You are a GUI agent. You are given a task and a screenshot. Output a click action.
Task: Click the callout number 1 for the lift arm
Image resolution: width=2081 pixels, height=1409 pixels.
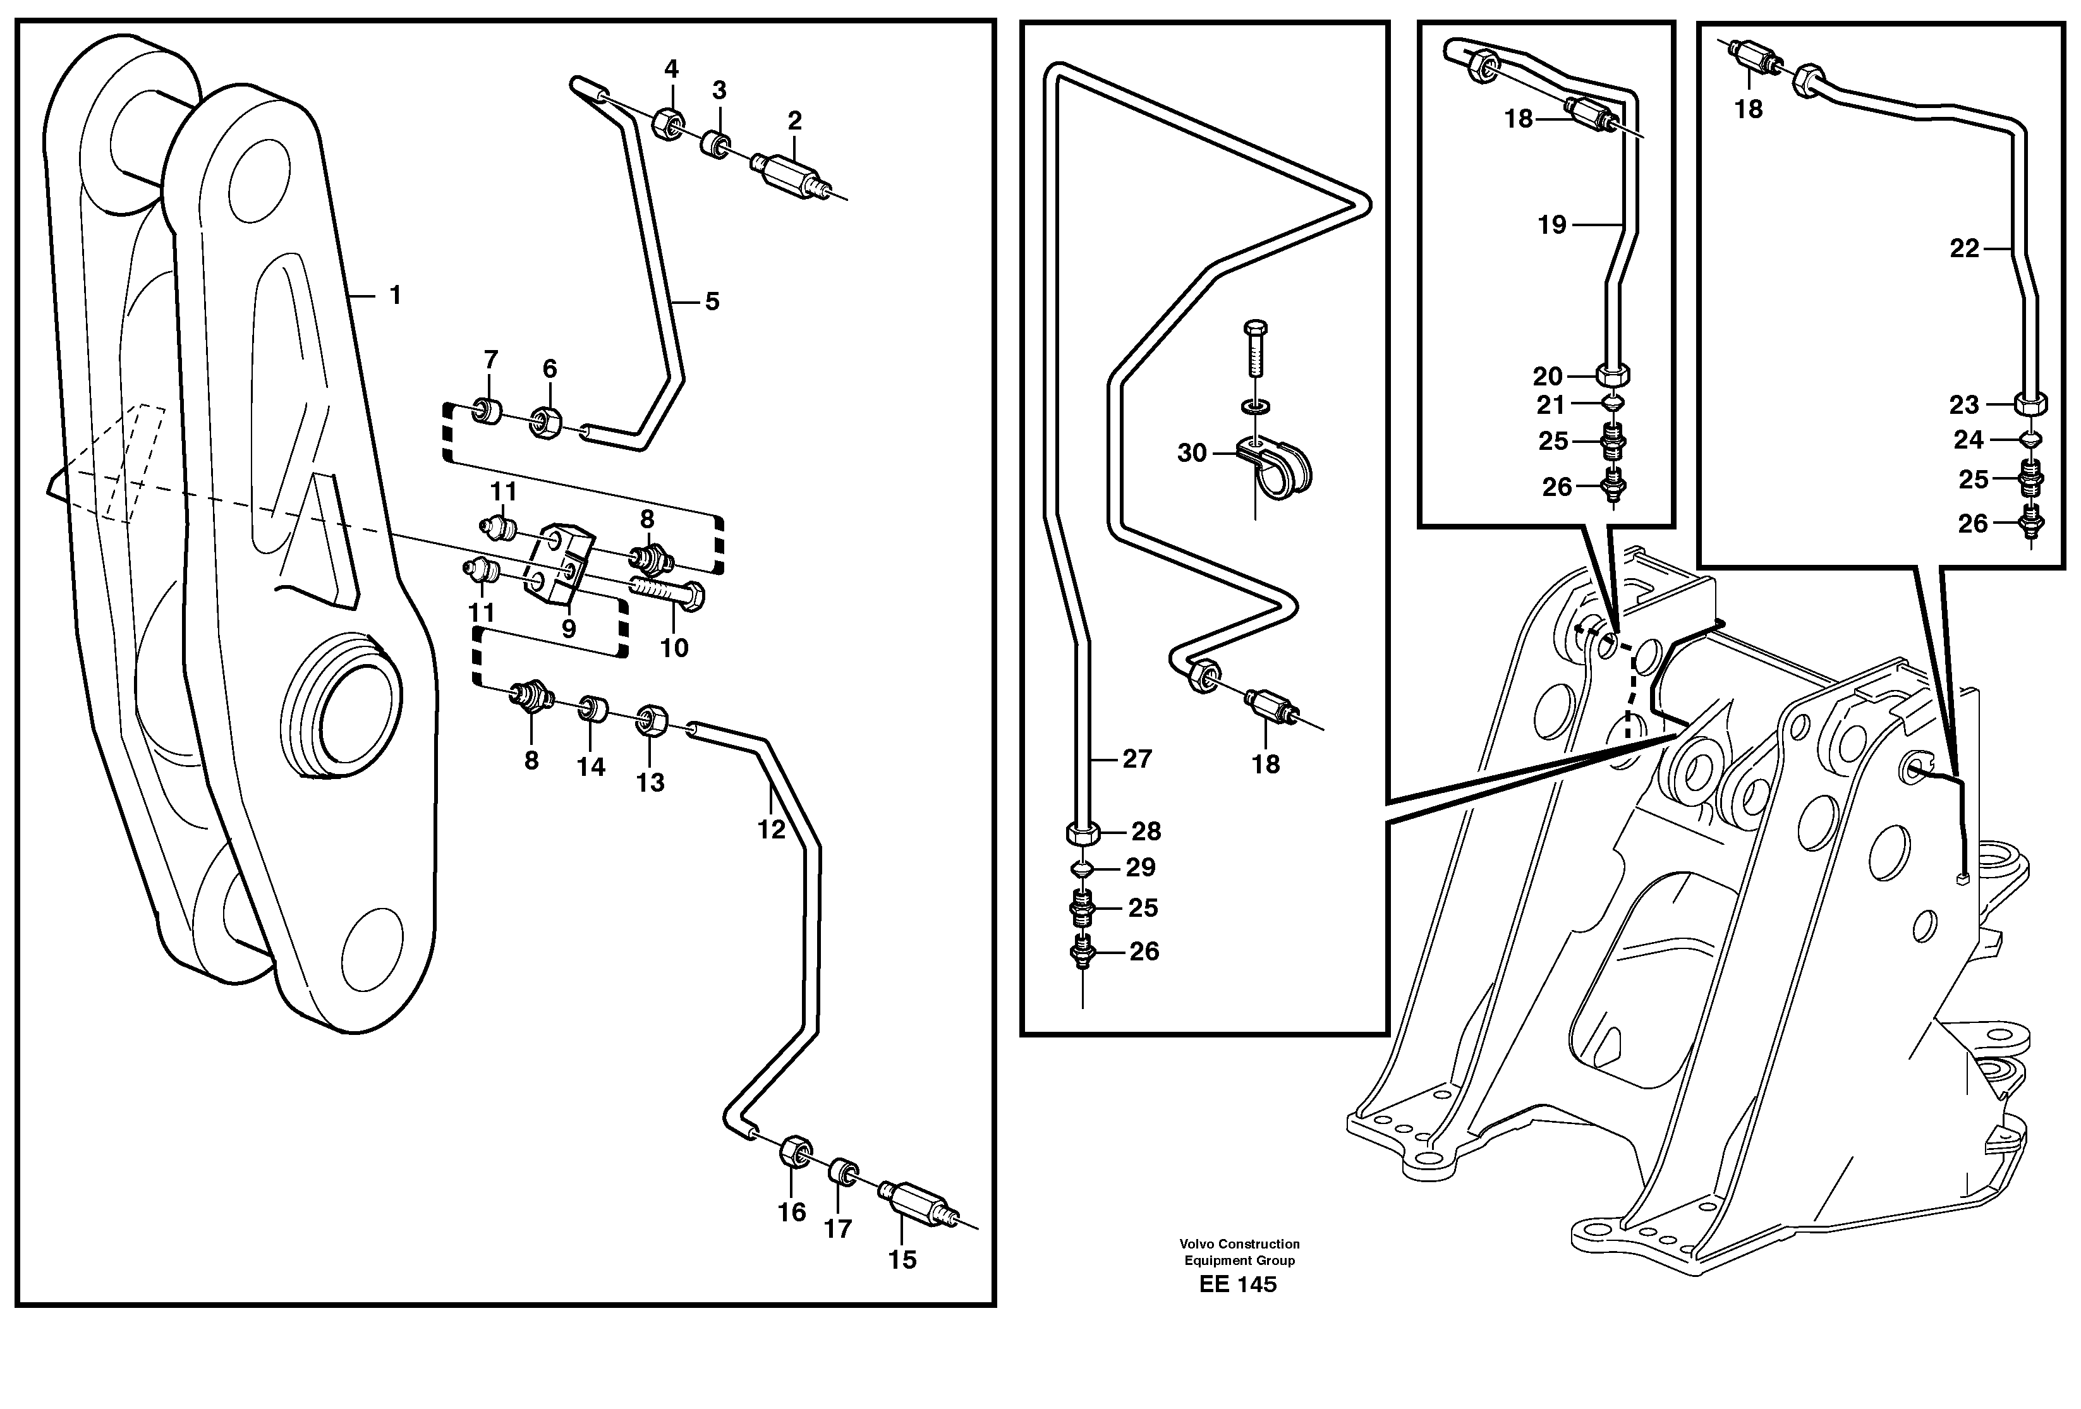395,296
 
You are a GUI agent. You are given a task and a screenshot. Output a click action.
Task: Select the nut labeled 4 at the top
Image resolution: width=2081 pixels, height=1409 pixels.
668,122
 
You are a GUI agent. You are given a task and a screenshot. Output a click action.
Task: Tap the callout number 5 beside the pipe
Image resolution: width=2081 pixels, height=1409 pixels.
712,301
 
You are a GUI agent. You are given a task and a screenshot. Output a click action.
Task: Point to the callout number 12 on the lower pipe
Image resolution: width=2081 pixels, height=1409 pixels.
771,830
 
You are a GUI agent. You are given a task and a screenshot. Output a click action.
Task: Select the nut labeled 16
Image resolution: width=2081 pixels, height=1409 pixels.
794,1152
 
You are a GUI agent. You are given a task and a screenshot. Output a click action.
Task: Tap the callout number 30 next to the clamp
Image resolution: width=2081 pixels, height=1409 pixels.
1192,454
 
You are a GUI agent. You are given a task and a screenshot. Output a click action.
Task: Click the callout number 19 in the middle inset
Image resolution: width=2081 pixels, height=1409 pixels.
1552,225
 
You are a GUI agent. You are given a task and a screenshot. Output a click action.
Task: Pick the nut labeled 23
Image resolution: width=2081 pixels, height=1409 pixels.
2031,404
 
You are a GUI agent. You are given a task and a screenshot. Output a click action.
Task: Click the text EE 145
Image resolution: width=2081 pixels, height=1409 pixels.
1239,1285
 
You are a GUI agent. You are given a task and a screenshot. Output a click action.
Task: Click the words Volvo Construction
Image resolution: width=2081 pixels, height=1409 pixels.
1239,1244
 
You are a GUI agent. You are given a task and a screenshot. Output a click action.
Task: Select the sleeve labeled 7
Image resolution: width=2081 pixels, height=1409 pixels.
488,413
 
